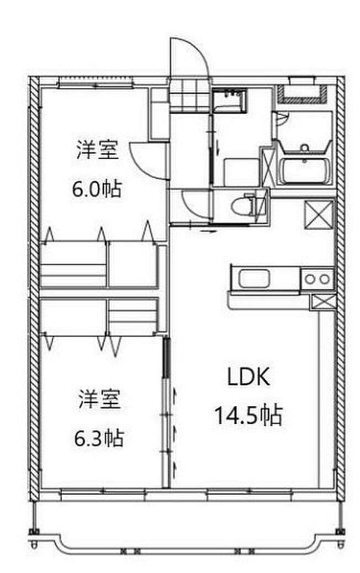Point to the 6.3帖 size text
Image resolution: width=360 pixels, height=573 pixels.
pyautogui.click(x=99, y=439)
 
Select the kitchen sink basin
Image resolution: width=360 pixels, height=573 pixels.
pyautogui.click(x=253, y=278)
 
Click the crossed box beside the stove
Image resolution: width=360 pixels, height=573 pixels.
pyautogui.click(x=322, y=302)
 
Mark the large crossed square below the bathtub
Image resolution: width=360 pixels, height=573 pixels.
pyautogui.click(x=319, y=215)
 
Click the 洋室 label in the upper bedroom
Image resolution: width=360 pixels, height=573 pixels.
pyautogui.click(x=98, y=150)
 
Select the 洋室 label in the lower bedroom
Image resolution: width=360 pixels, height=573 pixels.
pyautogui.click(x=99, y=399)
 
